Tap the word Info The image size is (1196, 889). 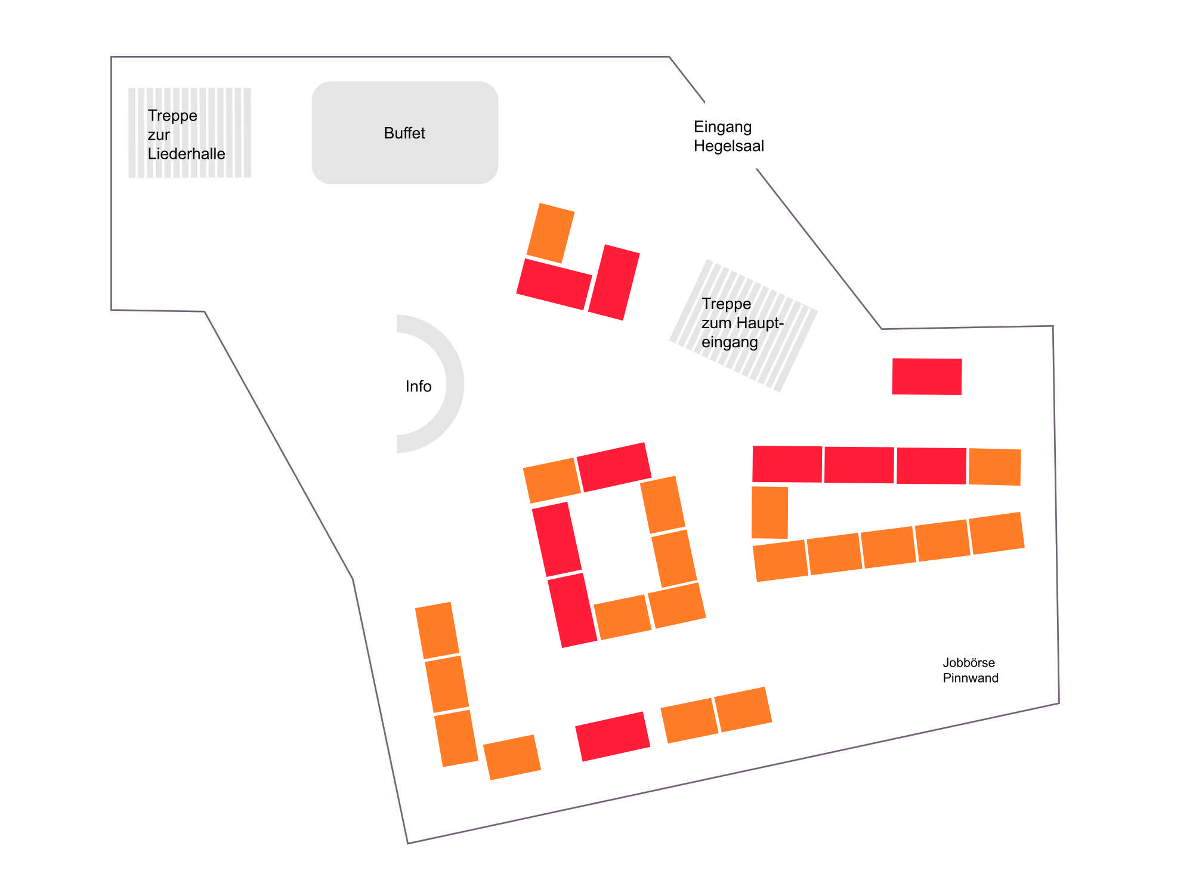click(x=418, y=386)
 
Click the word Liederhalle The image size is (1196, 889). click(x=186, y=154)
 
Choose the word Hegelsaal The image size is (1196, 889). click(x=728, y=146)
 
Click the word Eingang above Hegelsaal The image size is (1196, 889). click(x=722, y=126)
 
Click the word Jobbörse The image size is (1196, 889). click(x=968, y=662)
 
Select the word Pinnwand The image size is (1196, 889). click(x=970, y=678)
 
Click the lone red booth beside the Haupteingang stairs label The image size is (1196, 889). click(x=926, y=376)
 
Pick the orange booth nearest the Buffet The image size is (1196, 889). click(x=550, y=233)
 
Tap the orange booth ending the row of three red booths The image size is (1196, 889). click(x=994, y=467)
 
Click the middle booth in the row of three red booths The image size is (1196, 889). click(x=859, y=465)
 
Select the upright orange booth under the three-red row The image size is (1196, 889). click(x=769, y=513)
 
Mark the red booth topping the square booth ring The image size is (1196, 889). click(x=614, y=467)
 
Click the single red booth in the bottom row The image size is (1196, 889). click(x=612, y=736)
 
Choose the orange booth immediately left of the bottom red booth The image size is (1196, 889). click(x=512, y=757)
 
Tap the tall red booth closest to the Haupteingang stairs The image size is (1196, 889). click(x=614, y=282)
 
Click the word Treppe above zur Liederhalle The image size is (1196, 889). click(x=172, y=115)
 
